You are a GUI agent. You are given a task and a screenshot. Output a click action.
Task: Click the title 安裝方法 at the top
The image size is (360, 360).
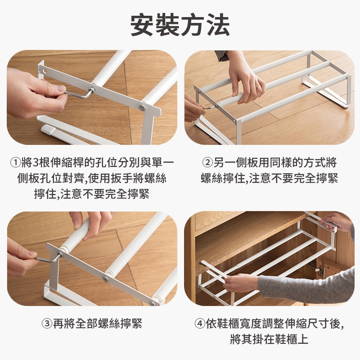click(x=180, y=25)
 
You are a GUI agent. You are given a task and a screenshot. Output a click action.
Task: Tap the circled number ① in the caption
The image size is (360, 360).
click(x=16, y=163)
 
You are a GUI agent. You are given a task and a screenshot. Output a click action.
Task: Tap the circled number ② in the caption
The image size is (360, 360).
click(x=207, y=163)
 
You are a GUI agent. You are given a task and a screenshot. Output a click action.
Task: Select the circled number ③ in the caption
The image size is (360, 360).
click(x=47, y=324)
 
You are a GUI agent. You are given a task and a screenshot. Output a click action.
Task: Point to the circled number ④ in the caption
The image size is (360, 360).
click(x=200, y=324)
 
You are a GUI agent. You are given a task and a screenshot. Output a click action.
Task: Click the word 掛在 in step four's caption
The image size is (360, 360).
click(x=264, y=339)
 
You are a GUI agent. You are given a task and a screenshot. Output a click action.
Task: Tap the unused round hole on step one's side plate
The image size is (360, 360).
click(x=45, y=70)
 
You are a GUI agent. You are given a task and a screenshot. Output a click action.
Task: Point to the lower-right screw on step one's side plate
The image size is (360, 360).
click(x=143, y=107)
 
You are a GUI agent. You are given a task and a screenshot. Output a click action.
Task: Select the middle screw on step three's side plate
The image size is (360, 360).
click(x=105, y=279)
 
